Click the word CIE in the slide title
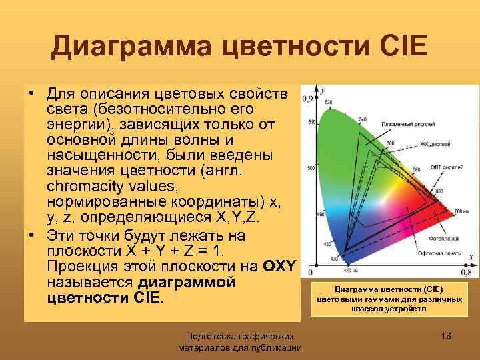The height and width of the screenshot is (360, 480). (x=397, y=46)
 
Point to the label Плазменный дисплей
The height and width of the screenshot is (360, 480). (x=408, y=124)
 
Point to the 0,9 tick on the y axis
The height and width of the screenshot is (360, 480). (x=307, y=99)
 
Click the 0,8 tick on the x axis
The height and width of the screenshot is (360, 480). (x=465, y=272)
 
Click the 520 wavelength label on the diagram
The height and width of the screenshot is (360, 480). (x=329, y=102)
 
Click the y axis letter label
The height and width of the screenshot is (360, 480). (x=323, y=89)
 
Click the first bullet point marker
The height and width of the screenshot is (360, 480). (x=31, y=91)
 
